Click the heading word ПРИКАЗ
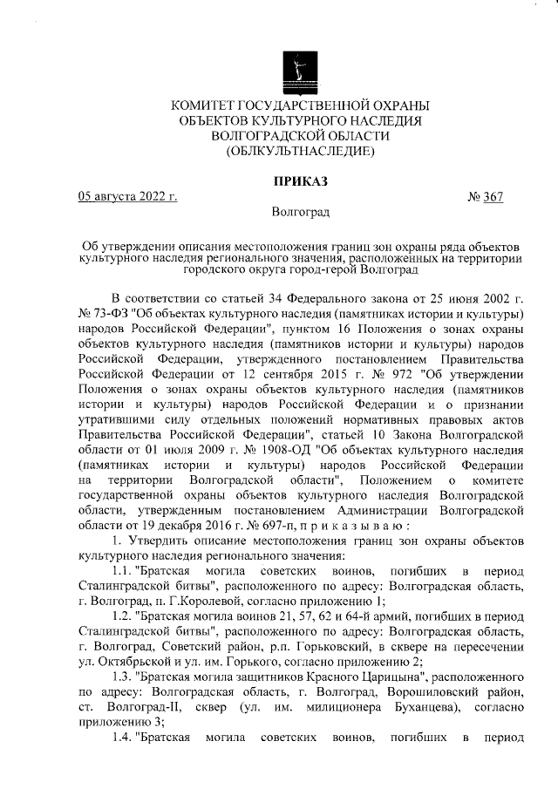pos(300,180)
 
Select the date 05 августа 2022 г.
pos(127,196)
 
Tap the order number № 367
pos(487,196)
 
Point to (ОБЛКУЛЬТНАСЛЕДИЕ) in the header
pos(300,151)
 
